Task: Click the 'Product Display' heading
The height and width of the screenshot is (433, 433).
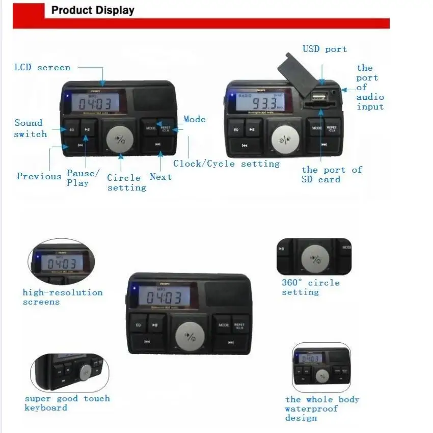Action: (x=93, y=10)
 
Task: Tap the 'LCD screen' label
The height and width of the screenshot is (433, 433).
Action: (x=42, y=67)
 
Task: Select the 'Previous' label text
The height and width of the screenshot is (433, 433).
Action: (x=39, y=176)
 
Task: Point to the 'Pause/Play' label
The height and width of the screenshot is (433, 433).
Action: (x=83, y=178)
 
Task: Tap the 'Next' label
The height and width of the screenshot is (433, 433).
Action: (x=160, y=177)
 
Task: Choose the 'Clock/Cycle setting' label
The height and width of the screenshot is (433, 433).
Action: (x=226, y=164)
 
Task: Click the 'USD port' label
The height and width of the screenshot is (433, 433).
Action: (x=324, y=49)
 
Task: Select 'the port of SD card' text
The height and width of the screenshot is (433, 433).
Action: (x=331, y=174)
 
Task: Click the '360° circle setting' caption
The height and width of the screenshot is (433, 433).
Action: (x=310, y=287)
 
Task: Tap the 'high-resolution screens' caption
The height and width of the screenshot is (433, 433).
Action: (x=62, y=297)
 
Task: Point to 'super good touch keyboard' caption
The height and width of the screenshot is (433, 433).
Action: (x=67, y=403)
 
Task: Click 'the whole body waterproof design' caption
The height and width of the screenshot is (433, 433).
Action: (x=322, y=409)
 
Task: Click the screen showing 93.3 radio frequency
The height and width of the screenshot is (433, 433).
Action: (x=260, y=101)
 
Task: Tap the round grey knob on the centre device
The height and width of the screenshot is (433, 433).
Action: (x=190, y=337)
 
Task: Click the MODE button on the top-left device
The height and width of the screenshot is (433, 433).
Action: (x=151, y=128)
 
